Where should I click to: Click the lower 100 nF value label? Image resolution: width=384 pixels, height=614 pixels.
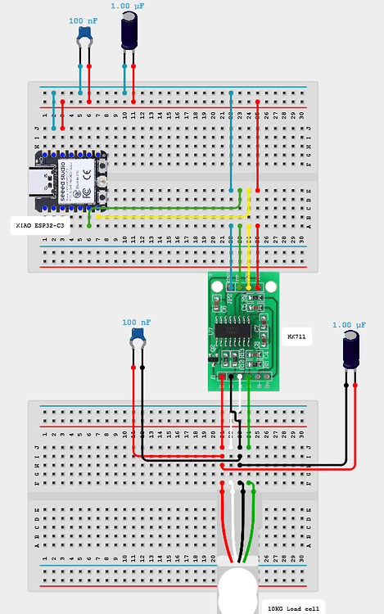pos(137,323)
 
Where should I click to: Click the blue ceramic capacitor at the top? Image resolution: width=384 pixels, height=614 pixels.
pos(84,34)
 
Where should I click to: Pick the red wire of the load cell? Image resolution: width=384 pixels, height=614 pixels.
pos(225,524)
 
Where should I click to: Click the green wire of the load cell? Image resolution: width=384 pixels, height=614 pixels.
pos(255,524)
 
